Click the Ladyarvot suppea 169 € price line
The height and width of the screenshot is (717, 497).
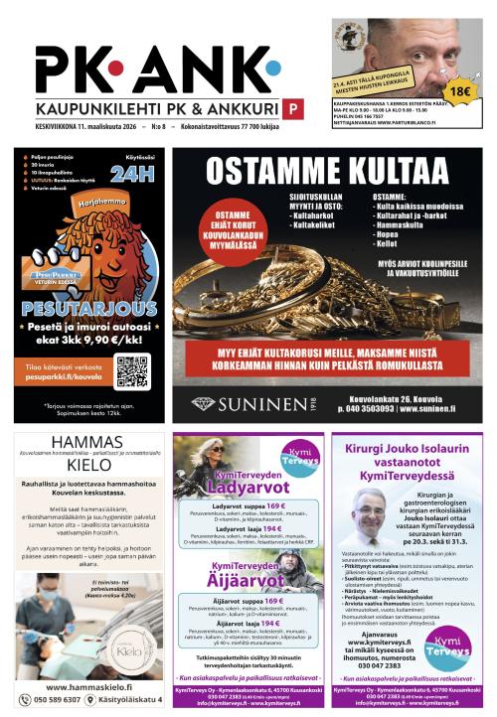pos(248,506)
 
